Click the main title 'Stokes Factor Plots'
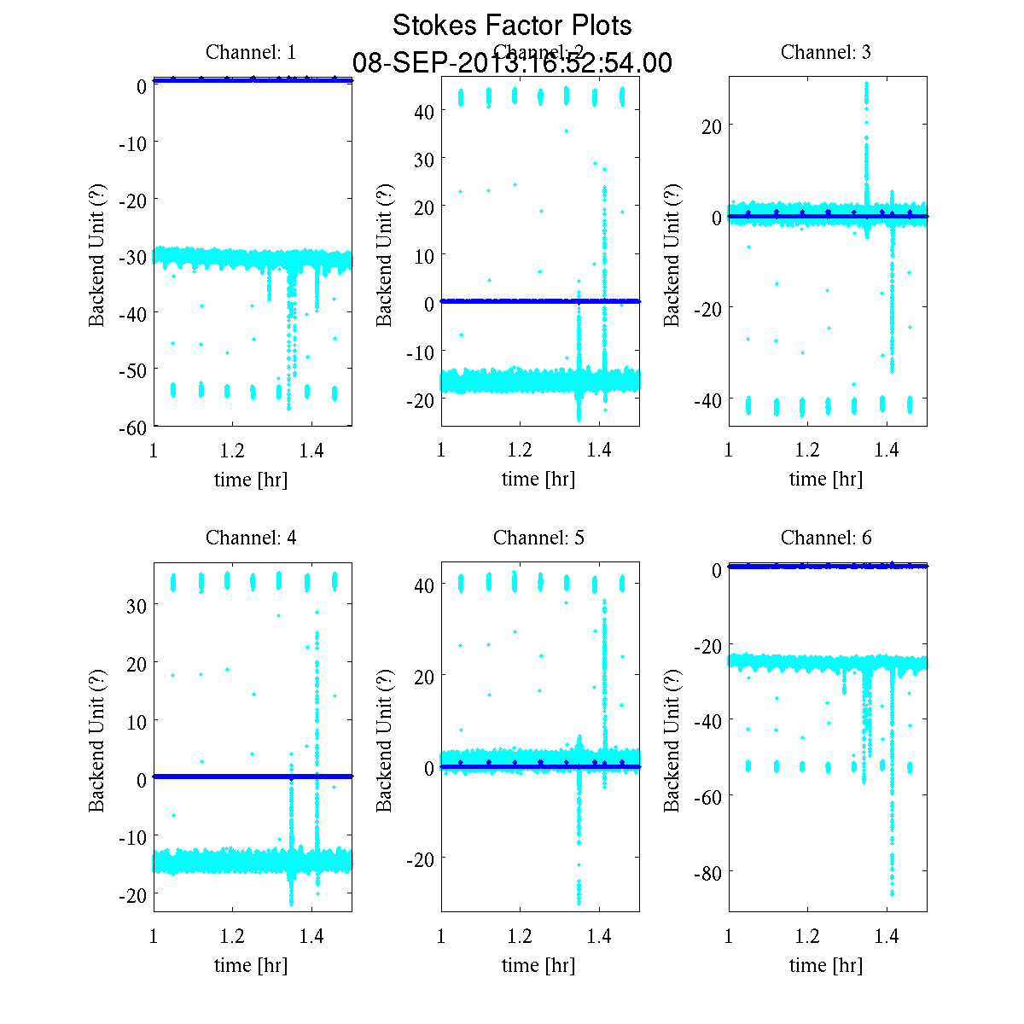[512, 26]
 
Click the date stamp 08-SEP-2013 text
[512, 63]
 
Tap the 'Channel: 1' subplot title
[251, 52]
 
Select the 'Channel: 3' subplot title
[826, 52]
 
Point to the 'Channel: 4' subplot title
[251, 538]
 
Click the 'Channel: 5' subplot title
[538, 538]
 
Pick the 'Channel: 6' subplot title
[826, 538]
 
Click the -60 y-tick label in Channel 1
[132, 427]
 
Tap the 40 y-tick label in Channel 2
[424, 111]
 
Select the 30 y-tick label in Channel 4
[137, 605]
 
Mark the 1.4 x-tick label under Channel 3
[887, 450]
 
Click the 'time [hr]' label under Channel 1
[251, 479]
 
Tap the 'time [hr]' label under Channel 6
[826, 965]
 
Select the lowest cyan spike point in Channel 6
[892, 893]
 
